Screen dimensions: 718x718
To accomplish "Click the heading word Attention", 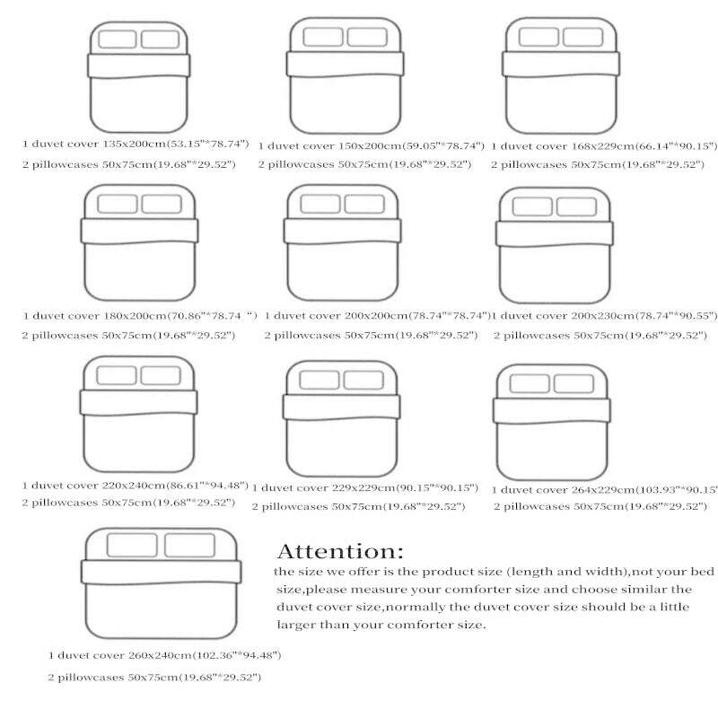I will tap(340, 551).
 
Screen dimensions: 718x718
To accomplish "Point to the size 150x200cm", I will tap(367, 145).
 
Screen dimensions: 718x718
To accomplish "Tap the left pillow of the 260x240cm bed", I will tap(134, 545).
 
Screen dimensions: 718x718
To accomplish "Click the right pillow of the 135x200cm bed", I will tap(162, 39).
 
